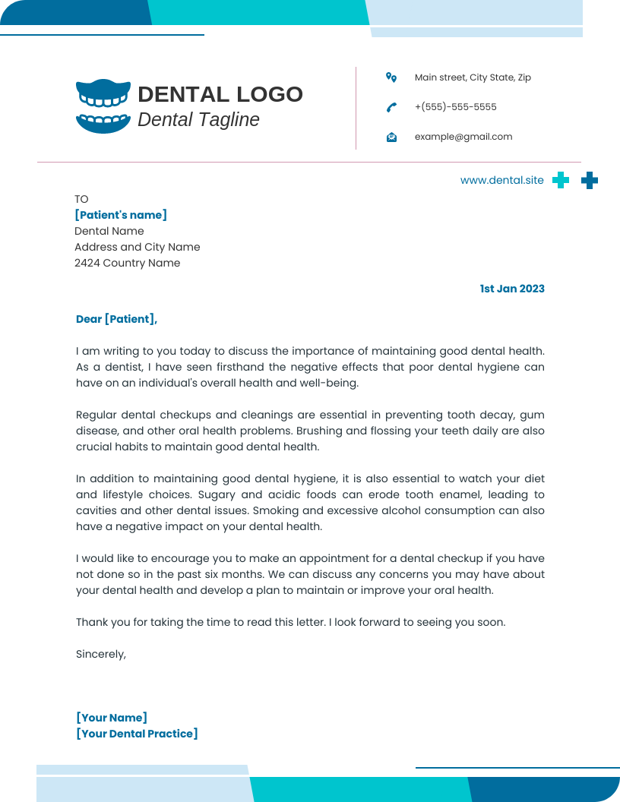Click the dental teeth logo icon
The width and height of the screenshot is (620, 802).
coord(103,106)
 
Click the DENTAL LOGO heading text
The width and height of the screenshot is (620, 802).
coord(220,94)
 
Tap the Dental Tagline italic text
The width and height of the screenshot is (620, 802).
coord(198,119)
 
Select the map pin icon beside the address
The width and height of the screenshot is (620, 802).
coord(391,77)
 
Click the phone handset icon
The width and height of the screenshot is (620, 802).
coord(391,107)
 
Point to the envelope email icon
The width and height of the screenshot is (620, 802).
coord(391,137)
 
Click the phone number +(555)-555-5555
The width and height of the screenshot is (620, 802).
coord(455,107)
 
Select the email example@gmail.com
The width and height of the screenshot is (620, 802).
coord(463,137)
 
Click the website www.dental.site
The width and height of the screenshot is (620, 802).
coord(501,180)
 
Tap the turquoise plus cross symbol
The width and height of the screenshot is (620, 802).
coord(561,180)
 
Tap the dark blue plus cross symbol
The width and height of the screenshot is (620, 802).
coord(590,180)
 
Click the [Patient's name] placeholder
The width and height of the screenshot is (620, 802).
coord(121,215)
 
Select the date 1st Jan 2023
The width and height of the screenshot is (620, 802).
coord(511,289)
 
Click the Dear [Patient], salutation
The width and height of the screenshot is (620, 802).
coord(116,319)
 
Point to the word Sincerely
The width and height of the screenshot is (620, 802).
coord(100,653)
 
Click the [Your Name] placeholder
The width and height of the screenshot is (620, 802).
coord(112,718)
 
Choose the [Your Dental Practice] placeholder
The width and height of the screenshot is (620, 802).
coord(137,734)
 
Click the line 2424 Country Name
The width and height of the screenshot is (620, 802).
coord(127,263)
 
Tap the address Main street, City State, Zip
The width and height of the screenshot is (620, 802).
coord(473,77)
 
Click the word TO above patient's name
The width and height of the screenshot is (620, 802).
coord(81,199)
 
